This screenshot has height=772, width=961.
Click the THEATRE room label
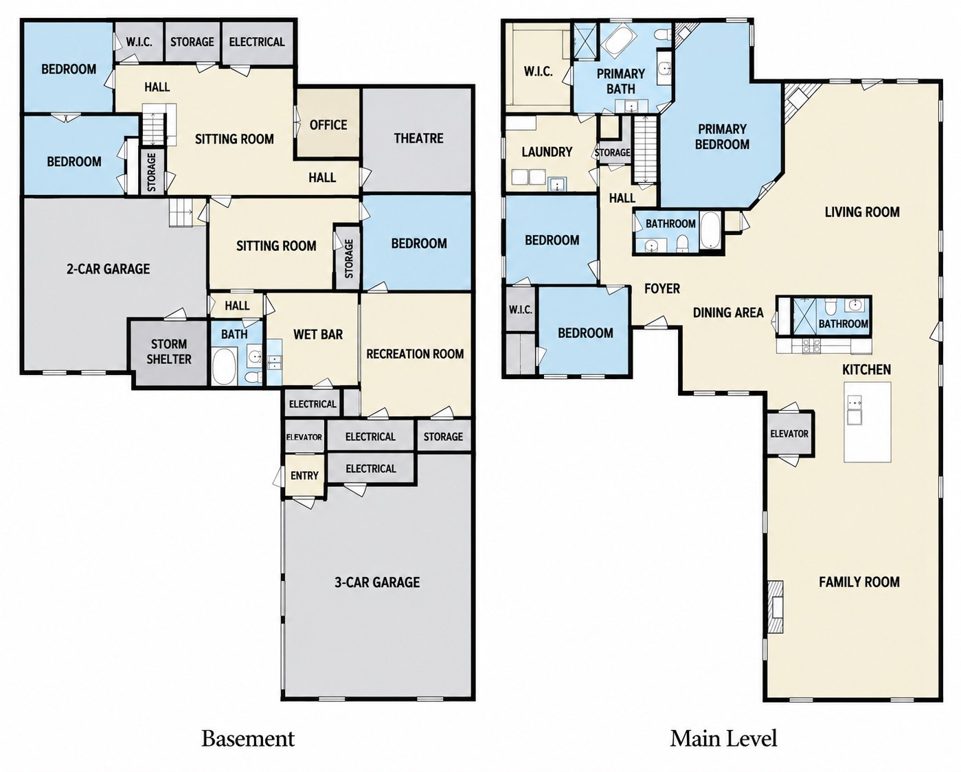pos(418,139)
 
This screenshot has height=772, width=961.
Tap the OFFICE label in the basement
pos(328,125)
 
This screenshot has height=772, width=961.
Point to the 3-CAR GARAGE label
pos(377,582)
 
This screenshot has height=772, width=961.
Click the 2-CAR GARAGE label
pos(108,269)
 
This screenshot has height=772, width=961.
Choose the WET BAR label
pos(318,334)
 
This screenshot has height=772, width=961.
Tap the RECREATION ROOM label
pos(415,354)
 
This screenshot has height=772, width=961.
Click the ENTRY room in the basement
pos(304,475)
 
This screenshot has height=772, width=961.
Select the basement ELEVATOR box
pos(304,437)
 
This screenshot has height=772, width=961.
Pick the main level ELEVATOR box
pos(789,433)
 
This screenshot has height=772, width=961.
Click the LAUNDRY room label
pos(547,152)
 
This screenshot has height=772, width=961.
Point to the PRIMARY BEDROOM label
pos(722,137)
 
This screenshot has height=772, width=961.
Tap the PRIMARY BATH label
pos(621,81)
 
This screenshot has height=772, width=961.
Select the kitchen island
pos(867,422)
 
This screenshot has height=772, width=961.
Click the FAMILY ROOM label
pos(859,582)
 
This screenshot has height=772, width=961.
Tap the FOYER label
pos(662,289)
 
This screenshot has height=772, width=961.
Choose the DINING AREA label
pos(728,313)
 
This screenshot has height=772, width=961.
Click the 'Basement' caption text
pos(248,738)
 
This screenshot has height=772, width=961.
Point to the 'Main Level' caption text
pos(723,738)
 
